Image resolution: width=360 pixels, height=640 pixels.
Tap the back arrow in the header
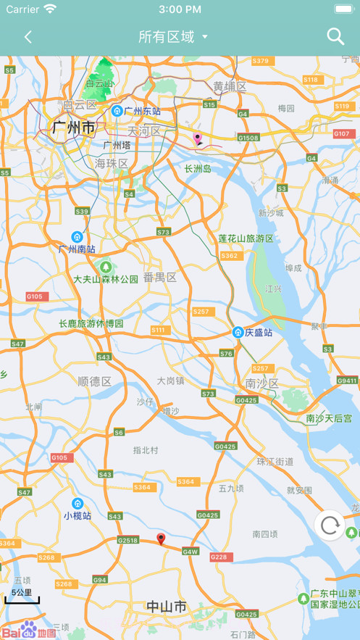coord(28,37)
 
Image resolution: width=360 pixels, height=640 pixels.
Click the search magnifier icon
coord(335,36)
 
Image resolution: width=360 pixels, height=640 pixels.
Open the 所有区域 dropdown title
coord(172,37)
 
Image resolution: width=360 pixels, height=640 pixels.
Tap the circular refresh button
coord(330,525)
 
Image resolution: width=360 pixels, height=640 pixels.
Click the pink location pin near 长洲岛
coord(198,138)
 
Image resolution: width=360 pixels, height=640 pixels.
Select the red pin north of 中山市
coord(162,539)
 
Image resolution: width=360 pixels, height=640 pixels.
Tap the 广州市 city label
coord(73,128)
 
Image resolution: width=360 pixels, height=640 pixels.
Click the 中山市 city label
coord(167,606)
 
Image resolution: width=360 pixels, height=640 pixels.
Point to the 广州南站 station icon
coord(77,237)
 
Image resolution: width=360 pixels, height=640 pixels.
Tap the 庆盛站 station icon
coord(238,333)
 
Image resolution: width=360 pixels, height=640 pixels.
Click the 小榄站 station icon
coord(78,504)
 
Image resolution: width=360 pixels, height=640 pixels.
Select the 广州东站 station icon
coord(117,111)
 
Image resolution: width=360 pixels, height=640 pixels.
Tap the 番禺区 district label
coord(159,277)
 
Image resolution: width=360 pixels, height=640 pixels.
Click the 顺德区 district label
coord(94,381)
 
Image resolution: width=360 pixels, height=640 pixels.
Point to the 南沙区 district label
coord(261,383)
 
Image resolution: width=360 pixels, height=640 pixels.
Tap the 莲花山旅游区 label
coord(246,238)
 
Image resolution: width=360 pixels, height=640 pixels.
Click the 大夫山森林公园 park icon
coord(106,267)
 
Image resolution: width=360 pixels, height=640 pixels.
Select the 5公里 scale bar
coord(22,597)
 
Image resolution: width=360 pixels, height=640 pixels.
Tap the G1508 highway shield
coord(248,138)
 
